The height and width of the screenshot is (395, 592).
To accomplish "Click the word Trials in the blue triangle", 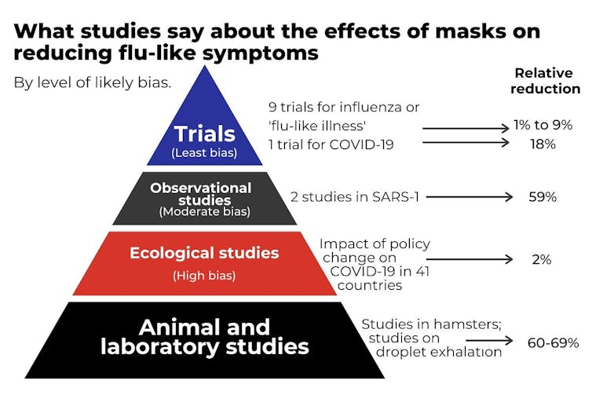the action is pyautogui.click(x=205, y=133).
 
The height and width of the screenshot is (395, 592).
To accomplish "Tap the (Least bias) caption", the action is pyautogui.click(x=204, y=153).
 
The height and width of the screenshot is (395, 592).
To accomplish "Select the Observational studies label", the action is pyautogui.click(x=200, y=194).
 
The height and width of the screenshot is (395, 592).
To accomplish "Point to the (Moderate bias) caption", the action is pyautogui.click(x=205, y=211).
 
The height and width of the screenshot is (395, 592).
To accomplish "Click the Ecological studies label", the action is pyautogui.click(x=204, y=253).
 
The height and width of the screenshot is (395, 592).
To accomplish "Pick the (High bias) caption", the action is pyautogui.click(x=204, y=276).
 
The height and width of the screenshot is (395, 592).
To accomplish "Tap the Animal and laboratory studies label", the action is pyautogui.click(x=205, y=337).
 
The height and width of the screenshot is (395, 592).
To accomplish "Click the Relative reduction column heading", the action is pyautogui.click(x=545, y=81).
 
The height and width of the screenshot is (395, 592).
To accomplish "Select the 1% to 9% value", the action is pyautogui.click(x=543, y=125).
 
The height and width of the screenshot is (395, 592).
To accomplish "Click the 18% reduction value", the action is pyautogui.click(x=543, y=144).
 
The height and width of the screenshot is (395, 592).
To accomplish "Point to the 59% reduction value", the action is pyautogui.click(x=543, y=197).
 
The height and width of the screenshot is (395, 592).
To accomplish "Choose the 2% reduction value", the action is pyautogui.click(x=542, y=259).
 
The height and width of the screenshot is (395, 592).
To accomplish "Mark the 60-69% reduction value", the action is pyautogui.click(x=553, y=343).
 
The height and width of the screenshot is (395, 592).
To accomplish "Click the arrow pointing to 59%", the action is pyautogui.click(x=470, y=197).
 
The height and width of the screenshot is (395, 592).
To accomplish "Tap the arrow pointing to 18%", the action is pyautogui.click(x=466, y=142).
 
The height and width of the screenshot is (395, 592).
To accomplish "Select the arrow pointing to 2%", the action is pyautogui.click(x=470, y=259).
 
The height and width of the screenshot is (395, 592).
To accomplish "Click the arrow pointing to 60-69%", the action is pyautogui.click(x=489, y=341).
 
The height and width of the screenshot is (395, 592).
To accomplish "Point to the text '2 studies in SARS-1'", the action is pyautogui.click(x=355, y=197).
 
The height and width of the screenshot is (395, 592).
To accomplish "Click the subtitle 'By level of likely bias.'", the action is pyautogui.click(x=93, y=82).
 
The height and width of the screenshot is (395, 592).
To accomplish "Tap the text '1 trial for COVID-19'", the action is pyautogui.click(x=331, y=144).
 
